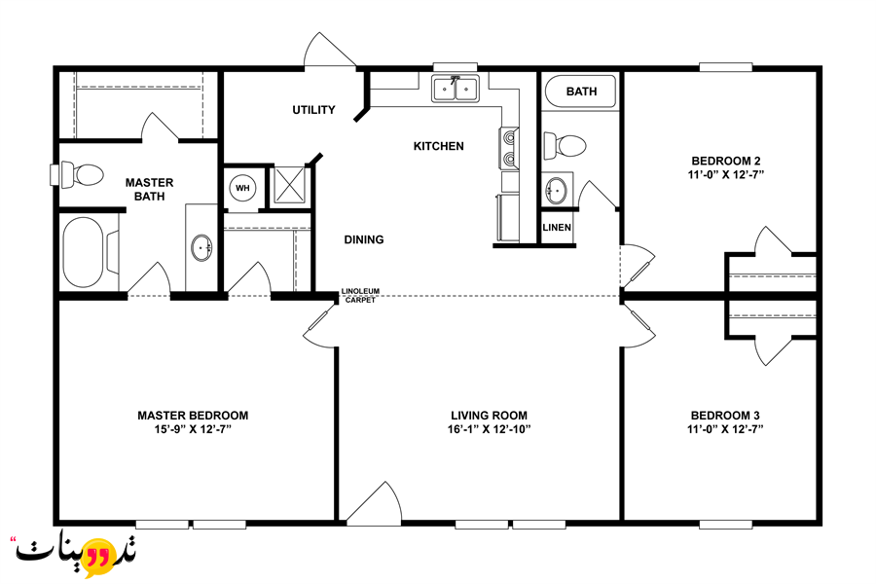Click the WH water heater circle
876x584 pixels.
click(x=242, y=188)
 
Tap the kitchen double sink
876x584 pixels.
click(x=456, y=89)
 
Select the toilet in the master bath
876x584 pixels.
click(x=82, y=174)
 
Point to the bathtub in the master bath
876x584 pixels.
click(x=84, y=252)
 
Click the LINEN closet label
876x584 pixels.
click(x=557, y=228)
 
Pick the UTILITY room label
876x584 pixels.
click(x=314, y=110)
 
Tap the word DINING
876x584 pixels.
click(x=364, y=239)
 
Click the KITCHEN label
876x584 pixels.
click(x=439, y=146)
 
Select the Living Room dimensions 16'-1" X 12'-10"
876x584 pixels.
click(x=489, y=429)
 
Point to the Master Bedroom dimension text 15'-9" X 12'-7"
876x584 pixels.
click(x=193, y=429)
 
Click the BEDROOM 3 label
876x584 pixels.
click(x=725, y=416)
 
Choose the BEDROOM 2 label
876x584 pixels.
click(x=726, y=161)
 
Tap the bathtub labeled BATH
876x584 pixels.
click(x=580, y=91)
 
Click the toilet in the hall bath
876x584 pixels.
click(x=565, y=146)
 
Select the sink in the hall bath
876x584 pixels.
click(x=556, y=191)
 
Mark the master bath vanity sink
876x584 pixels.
click(x=201, y=247)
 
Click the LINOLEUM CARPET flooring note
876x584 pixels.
click(x=360, y=296)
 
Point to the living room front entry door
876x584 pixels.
click(x=373, y=502)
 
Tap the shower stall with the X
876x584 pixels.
click(x=289, y=185)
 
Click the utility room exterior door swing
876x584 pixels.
click(x=330, y=50)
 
